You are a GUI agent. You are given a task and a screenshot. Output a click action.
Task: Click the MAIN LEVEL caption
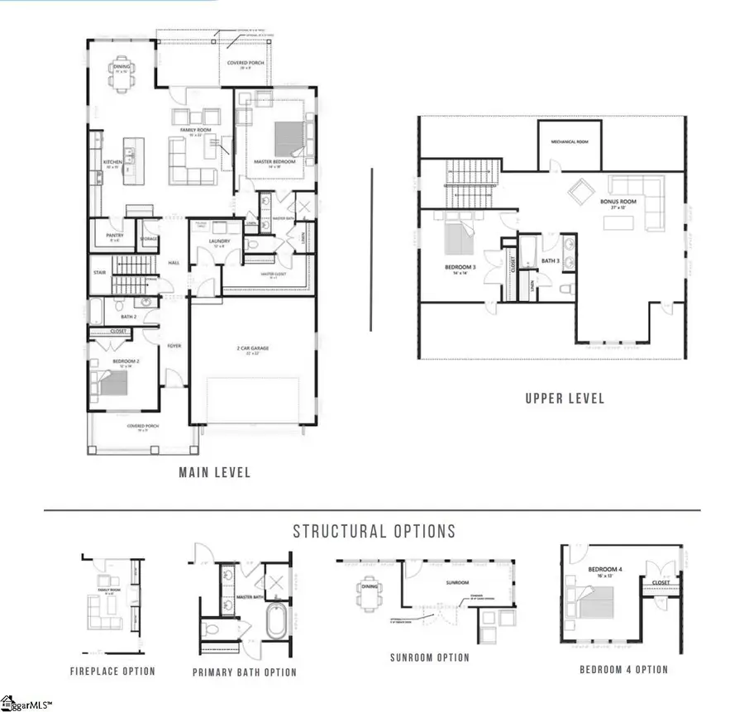pos(214,473)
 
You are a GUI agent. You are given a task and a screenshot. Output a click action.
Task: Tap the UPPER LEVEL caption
pos(565,399)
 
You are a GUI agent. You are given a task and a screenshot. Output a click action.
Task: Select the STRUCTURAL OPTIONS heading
pos(373,531)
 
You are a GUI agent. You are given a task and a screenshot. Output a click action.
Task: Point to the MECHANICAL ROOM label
pos(569,141)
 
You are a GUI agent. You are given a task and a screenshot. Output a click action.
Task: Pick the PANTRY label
pos(115,234)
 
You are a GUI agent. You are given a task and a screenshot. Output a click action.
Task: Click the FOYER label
pos(174,346)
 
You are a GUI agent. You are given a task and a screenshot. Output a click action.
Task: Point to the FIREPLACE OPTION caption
pos(112,671)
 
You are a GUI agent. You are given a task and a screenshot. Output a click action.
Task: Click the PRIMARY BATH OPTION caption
pos(244,672)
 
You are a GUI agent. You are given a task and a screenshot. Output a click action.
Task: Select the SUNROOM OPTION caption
pos(429,658)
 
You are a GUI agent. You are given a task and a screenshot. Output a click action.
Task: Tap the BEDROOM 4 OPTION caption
pos(623,669)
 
